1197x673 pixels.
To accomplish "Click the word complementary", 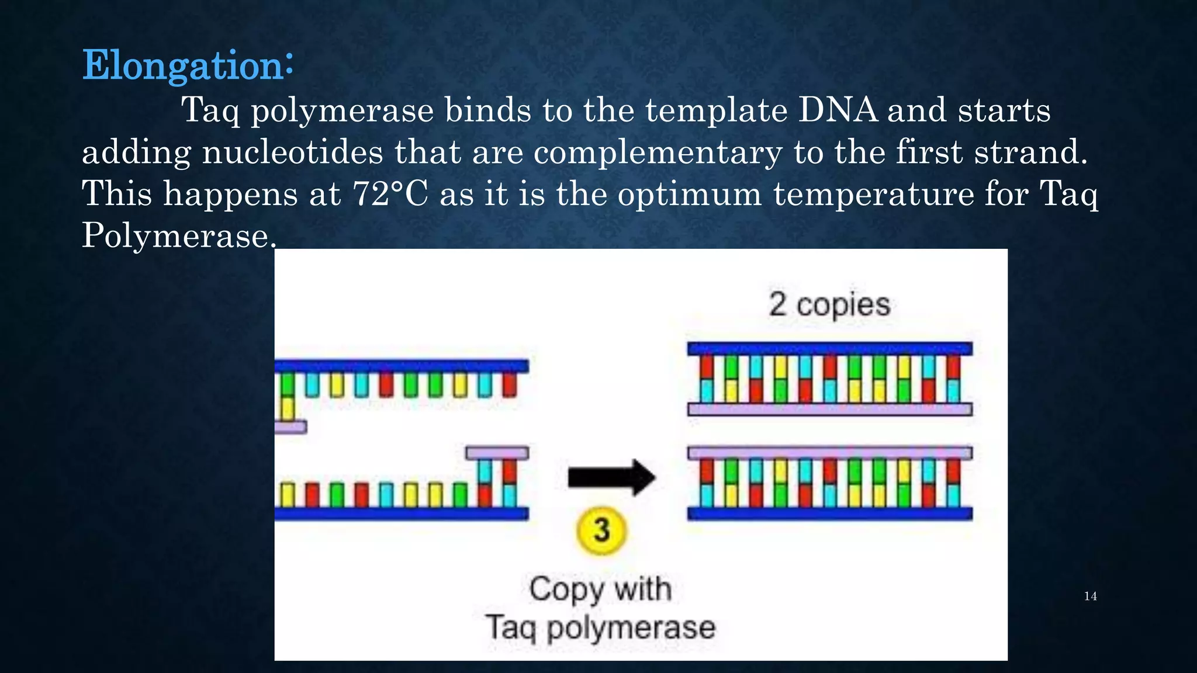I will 658,153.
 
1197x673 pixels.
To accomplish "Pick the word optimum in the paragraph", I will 690,195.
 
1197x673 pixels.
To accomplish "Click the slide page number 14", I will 1090,596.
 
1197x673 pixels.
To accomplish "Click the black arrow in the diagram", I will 611,477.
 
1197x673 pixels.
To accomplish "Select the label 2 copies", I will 829,305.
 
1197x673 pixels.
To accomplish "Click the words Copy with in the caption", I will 600,589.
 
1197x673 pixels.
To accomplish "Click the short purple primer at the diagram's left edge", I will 290,427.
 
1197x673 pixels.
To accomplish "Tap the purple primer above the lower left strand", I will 497,453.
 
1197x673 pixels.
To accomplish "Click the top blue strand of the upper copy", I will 829,349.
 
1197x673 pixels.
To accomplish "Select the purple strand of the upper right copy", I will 829,409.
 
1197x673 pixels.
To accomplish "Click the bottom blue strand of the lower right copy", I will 829,514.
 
